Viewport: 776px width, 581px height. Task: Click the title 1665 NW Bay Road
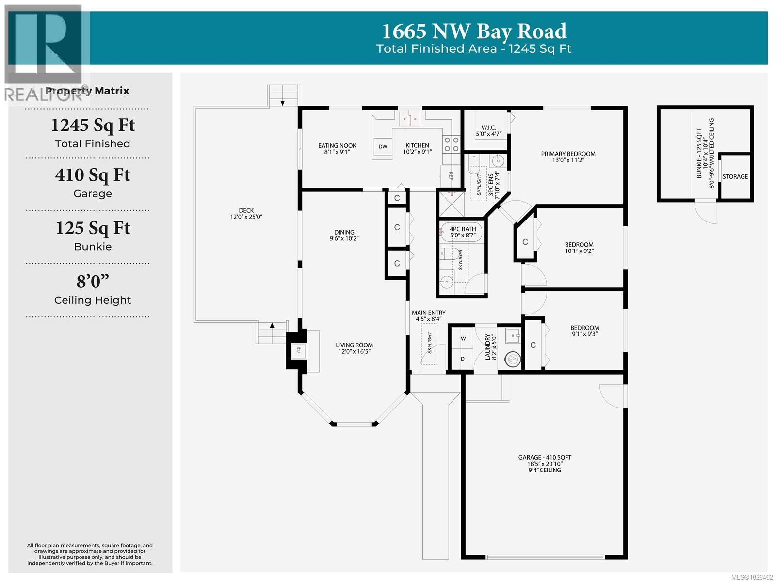point(474,31)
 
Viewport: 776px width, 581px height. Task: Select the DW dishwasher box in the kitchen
point(383,146)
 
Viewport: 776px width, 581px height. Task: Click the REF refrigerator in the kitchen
point(450,176)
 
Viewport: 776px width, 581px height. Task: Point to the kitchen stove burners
point(452,144)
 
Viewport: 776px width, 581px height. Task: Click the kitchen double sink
point(409,118)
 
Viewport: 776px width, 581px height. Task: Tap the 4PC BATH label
point(462,229)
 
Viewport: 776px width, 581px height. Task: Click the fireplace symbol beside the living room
point(298,349)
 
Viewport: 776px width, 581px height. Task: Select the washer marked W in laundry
point(463,339)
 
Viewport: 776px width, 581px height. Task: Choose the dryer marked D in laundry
point(463,359)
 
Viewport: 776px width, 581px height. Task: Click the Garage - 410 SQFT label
point(545,457)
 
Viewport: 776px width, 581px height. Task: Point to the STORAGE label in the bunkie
point(735,176)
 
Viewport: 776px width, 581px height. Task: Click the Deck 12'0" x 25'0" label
point(246,214)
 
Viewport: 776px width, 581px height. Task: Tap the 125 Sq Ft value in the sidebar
point(93,228)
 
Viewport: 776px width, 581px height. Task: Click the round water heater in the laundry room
point(512,359)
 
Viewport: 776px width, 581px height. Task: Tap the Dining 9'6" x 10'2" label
point(344,235)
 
